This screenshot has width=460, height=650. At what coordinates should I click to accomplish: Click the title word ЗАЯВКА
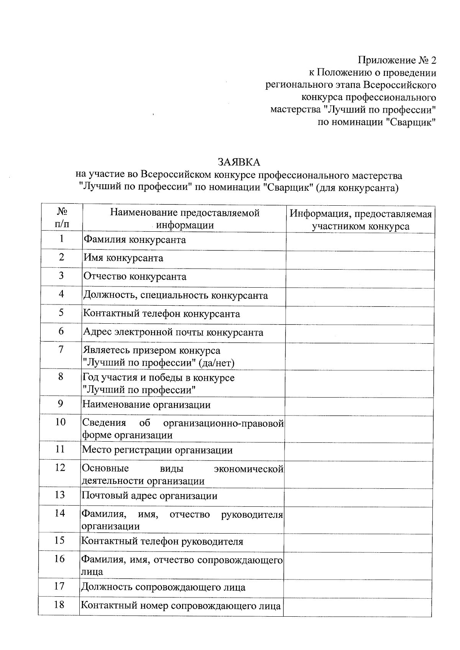pos(239,162)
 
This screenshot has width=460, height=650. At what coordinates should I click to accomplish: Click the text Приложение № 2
pos(397,60)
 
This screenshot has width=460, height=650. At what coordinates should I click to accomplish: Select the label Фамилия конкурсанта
pos(135,240)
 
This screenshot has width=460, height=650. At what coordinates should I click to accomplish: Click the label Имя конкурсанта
pos(123,258)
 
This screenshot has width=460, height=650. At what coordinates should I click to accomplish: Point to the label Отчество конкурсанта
pos(135,277)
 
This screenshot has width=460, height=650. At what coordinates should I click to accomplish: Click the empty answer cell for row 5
pos(360,314)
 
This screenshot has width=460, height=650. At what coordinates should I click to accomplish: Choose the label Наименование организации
pos(146,405)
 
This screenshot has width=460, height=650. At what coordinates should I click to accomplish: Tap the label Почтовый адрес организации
pos(149,496)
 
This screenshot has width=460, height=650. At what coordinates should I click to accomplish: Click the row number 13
pos(60,494)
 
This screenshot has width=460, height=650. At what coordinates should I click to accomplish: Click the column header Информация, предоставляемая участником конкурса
pos(360,220)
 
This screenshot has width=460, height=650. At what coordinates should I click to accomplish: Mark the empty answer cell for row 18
pos(357,606)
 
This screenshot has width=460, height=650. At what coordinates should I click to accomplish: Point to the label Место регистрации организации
pos(157,450)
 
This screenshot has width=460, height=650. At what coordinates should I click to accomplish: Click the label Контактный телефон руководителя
pos(163,541)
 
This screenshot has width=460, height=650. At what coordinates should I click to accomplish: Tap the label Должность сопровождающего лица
pos(163,587)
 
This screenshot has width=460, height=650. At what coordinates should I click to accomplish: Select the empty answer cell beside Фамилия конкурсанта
pos(360,242)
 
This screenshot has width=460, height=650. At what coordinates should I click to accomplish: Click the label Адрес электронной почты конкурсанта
pos(173,332)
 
